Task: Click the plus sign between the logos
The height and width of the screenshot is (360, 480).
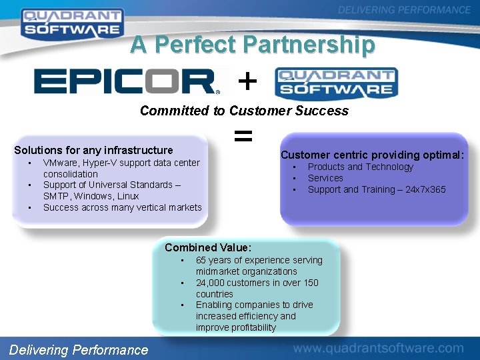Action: [x=247, y=82]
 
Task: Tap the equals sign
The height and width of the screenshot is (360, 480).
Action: [x=243, y=137]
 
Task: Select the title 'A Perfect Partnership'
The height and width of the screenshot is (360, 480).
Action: [x=253, y=45]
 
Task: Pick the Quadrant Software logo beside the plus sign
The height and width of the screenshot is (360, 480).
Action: [x=336, y=83]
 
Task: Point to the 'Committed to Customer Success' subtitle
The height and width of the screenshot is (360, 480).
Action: [x=244, y=111]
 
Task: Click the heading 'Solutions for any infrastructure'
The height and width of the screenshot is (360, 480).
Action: [x=93, y=150]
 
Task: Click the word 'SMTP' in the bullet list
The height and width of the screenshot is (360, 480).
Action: [x=56, y=196]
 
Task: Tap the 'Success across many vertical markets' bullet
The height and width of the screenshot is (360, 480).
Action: [x=122, y=207]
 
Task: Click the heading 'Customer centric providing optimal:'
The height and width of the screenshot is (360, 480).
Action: [x=372, y=155]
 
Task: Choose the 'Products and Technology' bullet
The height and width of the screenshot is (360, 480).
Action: [x=360, y=167]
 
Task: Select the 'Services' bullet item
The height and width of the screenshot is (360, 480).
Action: [x=325, y=178]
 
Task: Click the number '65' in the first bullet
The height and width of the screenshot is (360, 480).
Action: [x=201, y=260]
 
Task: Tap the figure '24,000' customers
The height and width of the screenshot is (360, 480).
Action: [x=211, y=283]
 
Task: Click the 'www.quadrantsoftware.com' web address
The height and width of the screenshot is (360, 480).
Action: [x=378, y=348]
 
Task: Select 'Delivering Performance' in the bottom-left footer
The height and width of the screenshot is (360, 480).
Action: [x=79, y=349]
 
